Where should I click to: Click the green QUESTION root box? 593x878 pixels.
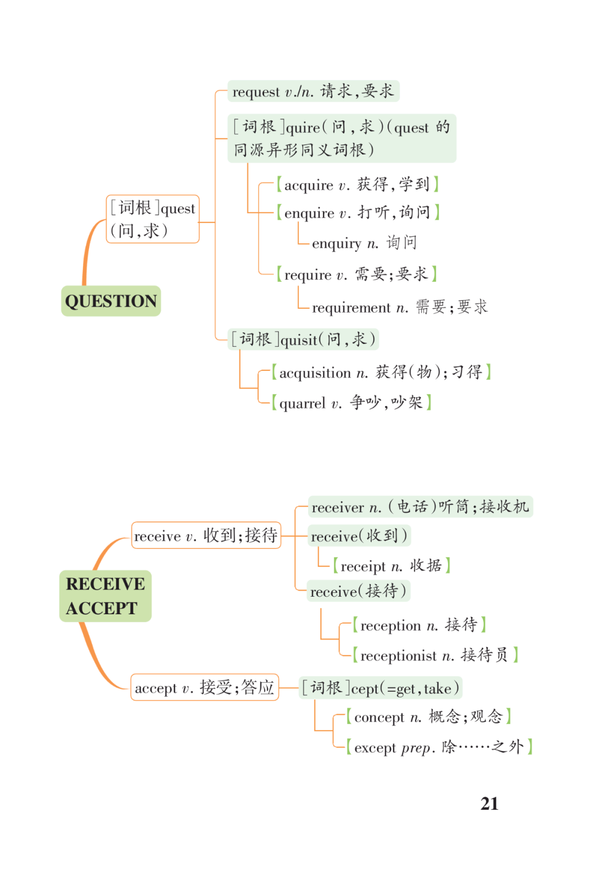tap(111, 301)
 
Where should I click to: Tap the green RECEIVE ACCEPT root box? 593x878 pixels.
tap(105, 596)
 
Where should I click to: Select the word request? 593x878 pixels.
tap(256, 92)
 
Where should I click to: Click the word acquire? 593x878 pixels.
tap(309, 185)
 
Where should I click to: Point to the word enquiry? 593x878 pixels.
tap(337, 244)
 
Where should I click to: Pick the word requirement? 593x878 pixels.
tap(351, 308)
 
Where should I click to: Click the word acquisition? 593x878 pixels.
tap(315, 373)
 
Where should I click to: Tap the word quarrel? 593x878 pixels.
tap(303, 404)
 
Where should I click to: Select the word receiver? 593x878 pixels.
tap(338, 508)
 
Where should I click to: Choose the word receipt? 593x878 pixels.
tap(363, 567)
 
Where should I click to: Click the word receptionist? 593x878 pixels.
tap(398, 656)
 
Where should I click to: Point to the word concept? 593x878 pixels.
tap(379, 718)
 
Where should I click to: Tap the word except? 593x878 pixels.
tap(375, 748)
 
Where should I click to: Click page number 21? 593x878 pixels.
tap(489, 804)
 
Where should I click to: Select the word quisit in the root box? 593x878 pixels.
tap(299, 340)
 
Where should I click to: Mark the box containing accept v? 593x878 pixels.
tap(204, 687)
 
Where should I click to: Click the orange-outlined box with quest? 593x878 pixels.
tap(153, 219)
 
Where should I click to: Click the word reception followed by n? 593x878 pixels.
tap(390, 626)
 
